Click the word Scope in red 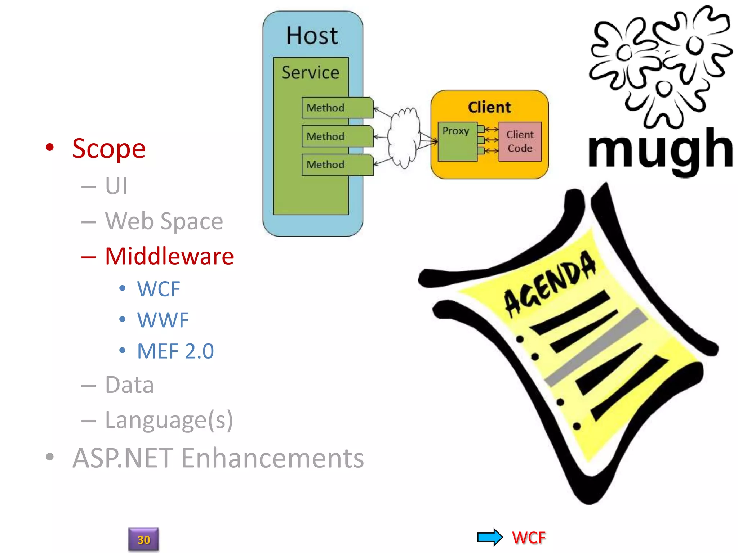[108, 149]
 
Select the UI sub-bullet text [116, 186]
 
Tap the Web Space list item [164, 221]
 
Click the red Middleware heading [169, 256]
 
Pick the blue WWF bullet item [163, 320]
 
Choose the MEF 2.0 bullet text [175, 351]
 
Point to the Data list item [129, 385]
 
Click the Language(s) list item [169, 420]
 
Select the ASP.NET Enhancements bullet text [218, 458]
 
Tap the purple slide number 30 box [143, 539]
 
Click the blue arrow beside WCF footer [490, 537]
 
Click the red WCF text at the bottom [529, 538]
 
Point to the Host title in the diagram [312, 36]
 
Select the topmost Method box [337, 108]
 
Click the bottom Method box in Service [337, 165]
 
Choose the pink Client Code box [520, 141]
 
